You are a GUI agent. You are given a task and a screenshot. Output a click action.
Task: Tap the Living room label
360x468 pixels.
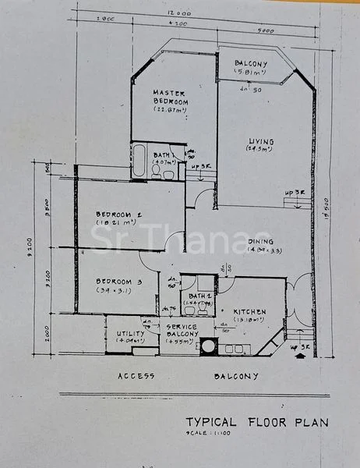[x=261, y=141]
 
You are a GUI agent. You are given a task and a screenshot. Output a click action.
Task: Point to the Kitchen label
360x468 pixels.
[x=250, y=310]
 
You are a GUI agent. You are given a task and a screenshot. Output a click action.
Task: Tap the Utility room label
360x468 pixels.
[x=130, y=333]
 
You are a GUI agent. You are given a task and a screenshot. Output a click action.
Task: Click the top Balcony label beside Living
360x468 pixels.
[x=251, y=64]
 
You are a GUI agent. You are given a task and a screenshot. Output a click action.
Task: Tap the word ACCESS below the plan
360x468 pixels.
[x=136, y=375]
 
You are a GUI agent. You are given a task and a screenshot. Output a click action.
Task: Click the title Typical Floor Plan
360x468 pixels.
[x=256, y=422]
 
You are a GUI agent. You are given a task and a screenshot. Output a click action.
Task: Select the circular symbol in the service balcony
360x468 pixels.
[x=209, y=348]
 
